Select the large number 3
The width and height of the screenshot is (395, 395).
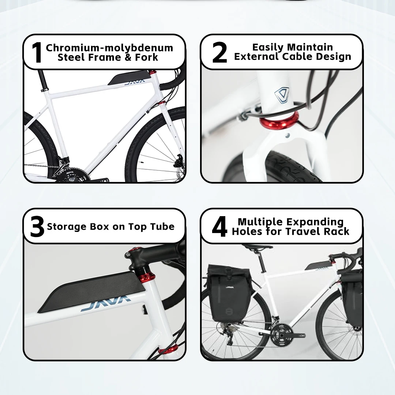coord(37,226)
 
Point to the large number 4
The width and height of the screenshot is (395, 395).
coord(219,226)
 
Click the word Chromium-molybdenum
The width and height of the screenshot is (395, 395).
coord(110,48)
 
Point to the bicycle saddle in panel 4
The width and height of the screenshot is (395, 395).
coord(257,248)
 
